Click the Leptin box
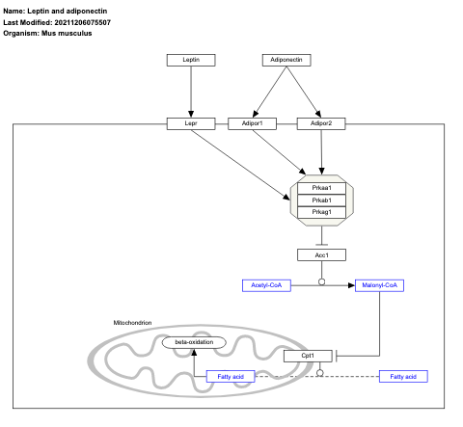(x=192, y=60)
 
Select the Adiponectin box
(x=286, y=60)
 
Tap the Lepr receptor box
(x=192, y=123)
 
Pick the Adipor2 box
(x=321, y=123)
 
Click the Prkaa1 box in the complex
(x=321, y=187)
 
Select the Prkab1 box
(x=321, y=200)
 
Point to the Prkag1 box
(x=321, y=212)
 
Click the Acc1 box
(x=321, y=254)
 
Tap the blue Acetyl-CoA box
(x=265, y=285)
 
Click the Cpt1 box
(x=308, y=356)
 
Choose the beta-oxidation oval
(x=194, y=342)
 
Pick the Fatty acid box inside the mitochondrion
(x=231, y=376)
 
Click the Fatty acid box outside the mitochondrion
(x=403, y=376)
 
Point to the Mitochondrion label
(x=133, y=322)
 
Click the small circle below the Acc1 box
(x=321, y=283)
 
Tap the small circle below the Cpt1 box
(x=319, y=375)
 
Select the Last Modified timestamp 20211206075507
(x=91, y=22)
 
